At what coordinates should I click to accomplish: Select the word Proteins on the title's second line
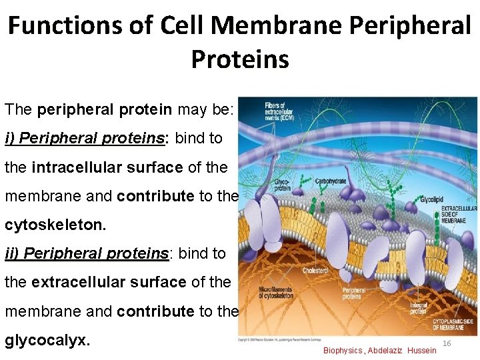point(240,59)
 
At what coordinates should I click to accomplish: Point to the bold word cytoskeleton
point(55,225)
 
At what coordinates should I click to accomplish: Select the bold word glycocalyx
point(47,340)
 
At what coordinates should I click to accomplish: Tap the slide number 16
point(447,343)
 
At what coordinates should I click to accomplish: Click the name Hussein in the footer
point(421,351)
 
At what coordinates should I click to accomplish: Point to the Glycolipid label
point(431,199)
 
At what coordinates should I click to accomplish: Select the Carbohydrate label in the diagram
point(329,181)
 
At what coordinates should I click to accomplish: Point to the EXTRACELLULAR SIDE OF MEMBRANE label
point(459,212)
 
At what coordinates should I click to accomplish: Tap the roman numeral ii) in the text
point(11,253)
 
